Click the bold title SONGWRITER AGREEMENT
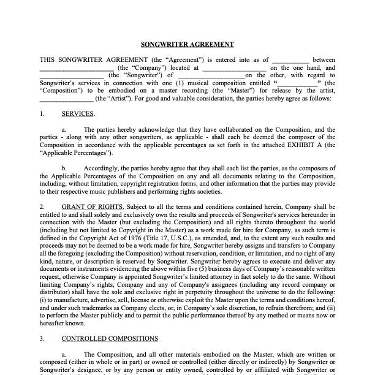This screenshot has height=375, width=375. pos(187,44)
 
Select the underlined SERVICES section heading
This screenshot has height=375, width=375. pos(78,114)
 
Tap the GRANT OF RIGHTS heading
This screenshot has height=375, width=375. pos(93,206)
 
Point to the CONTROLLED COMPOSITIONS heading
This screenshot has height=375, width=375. pos(110,338)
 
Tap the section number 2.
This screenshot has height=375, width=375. pos(42,206)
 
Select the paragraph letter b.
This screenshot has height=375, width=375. pos(64,167)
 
